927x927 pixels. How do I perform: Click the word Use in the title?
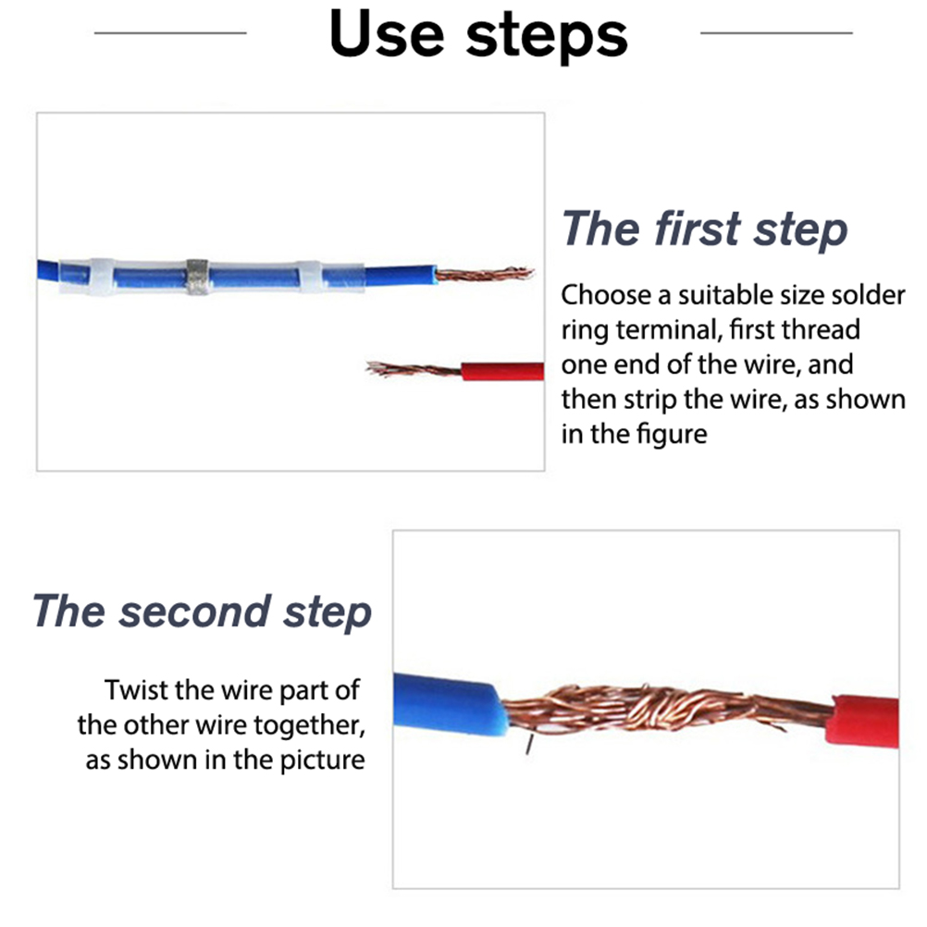pos(386,33)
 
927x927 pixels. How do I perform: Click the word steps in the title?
pos(546,37)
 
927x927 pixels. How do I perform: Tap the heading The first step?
pos(704,229)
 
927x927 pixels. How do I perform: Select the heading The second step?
pos(203,612)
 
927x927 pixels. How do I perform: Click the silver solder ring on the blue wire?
pos(197,277)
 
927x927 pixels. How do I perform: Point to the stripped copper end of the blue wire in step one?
pos(484,274)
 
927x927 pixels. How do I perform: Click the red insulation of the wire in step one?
pos(502,371)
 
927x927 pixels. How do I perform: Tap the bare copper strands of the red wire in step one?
pos(414,369)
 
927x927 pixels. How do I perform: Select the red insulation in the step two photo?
pos(863,722)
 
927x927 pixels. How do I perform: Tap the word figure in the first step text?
pos(671,435)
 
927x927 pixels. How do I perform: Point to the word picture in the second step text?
pos(322,760)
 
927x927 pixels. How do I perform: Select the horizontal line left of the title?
pos(170,33)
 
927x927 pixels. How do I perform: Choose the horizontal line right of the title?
pos(776,33)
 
